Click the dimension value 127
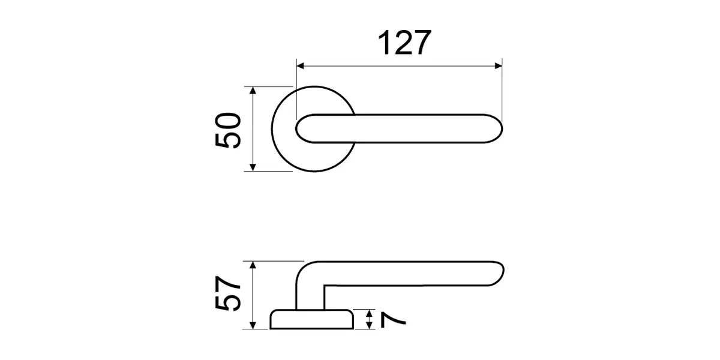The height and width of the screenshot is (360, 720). coord(404,43)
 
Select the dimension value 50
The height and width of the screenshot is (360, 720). coord(228,130)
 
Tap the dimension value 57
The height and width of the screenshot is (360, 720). coord(228,293)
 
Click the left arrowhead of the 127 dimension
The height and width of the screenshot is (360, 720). coord(300,66)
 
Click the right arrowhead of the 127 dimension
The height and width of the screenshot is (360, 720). coord(498,66)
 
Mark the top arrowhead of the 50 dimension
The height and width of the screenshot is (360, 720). coord(253,91)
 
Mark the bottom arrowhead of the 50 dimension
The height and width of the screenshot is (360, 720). coord(253,167)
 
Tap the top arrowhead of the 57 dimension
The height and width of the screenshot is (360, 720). coord(253,265)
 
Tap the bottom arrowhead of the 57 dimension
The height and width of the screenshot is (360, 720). coord(253,325)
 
